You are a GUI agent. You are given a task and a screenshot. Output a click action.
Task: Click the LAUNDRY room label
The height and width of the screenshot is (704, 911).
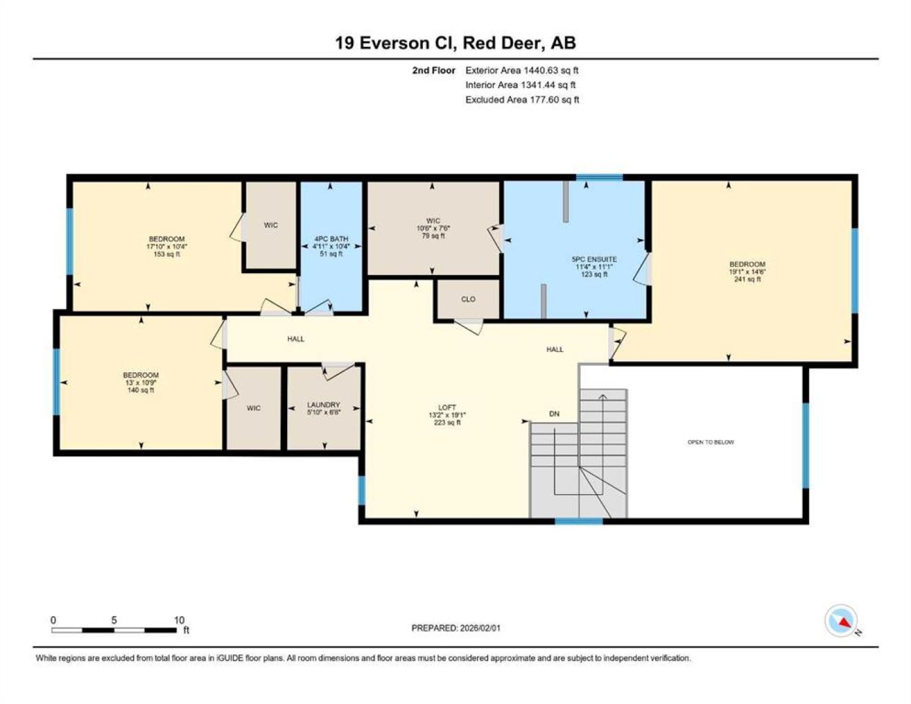click(x=323, y=405)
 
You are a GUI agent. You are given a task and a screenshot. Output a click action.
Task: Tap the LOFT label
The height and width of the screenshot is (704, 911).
click(x=447, y=407)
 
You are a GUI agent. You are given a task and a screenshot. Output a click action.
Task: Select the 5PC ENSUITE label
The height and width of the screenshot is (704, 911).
click(x=594, y=259)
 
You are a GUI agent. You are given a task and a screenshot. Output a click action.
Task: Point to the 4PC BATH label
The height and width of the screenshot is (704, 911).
click(x=332, y=239)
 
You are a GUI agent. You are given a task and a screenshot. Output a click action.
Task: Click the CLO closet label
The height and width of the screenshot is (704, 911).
click(x=468, y=299)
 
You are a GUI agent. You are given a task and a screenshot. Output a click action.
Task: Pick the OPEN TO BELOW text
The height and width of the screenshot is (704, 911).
click(x=711, y=442)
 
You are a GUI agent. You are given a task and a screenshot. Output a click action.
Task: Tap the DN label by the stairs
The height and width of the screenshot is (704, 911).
click(x=554, y=414)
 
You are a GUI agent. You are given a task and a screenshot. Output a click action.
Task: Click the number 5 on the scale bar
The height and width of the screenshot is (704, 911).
click(x=114, y=620)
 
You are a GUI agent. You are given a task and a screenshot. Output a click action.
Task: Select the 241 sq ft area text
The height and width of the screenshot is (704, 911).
click(x=747, y=280)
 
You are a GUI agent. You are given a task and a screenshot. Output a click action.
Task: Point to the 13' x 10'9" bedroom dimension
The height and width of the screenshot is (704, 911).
click(x=141, y=383)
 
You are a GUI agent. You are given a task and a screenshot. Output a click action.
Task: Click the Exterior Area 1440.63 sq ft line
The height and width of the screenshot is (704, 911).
click(x=522, y=70)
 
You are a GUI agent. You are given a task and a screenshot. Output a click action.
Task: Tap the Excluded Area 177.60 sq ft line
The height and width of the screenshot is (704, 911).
click(x=522, y=100)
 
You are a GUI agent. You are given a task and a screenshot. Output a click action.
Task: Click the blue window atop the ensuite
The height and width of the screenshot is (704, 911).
click(x=599, y=177)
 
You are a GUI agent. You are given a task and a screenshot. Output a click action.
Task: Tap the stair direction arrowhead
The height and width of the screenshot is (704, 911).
click(x=603, y=396)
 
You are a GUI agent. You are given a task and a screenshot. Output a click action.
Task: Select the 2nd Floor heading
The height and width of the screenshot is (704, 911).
click(x=433, y=70)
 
